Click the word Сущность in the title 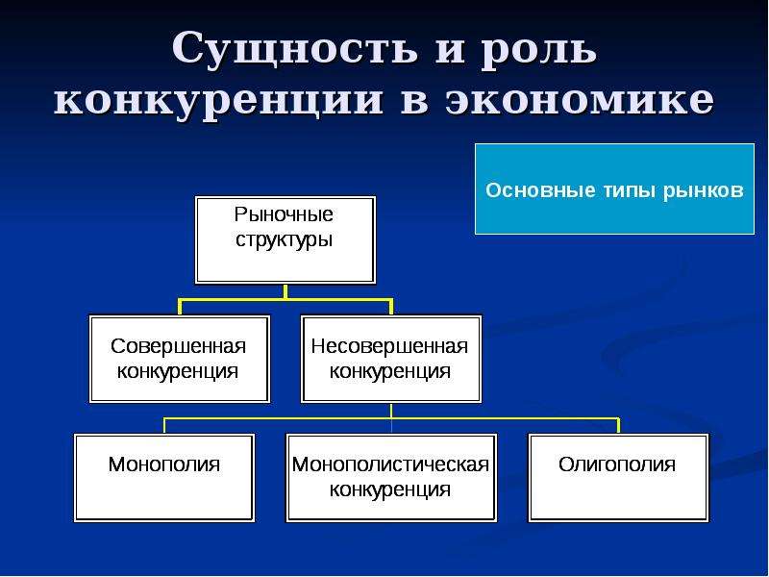tap(295, 49)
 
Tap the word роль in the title tap(538, 50)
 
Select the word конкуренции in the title tap(218, 102)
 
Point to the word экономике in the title tap(580, 101)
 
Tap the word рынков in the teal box tap(704, 190)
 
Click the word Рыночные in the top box tap(284, 214)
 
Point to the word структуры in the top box tap(285, 239)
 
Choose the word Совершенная tap(179, 346)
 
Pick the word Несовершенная tap(390, 346)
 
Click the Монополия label tap(164, 464)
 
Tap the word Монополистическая tap(390, 464)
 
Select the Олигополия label tap(617, 464)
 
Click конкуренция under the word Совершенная tap(178, 371)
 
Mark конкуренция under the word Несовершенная tap(390, 371)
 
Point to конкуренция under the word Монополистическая tap(390, 489)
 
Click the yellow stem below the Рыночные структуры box tap(285, 291)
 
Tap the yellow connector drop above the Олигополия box tap(618, 425)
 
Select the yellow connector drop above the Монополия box tap(164, 425)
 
